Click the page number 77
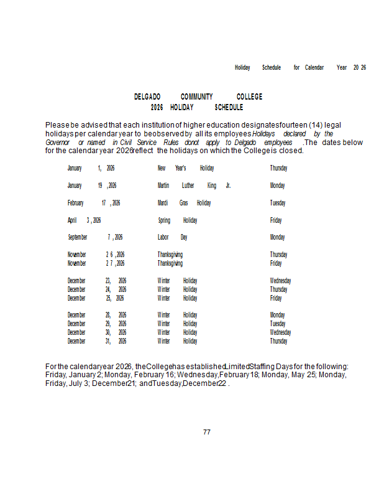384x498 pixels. (x=207, y=432)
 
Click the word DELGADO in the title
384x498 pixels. (x=147, y=97)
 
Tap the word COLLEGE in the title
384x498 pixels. (x=249, y=97)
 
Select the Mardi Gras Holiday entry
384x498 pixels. (x=184, y=203)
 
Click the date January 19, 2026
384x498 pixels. (x=92, y=186)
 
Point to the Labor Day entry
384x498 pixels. (x=172, y=237)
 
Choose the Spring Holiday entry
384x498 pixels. (x=177, y=220)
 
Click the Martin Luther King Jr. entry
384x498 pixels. (x=194, y=186)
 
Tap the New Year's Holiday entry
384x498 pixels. (x=185, y=168)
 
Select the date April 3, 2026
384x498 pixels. (x=85, y=220)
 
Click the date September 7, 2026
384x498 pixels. (x=95, y=237)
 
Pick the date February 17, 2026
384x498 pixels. (x=94, y=203)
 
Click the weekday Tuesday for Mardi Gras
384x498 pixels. (x=277, y=203)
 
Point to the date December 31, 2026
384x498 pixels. (x=97, y=341)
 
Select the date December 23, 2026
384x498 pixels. (x=97, y=281)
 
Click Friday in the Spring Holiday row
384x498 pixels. (x=276, y=220)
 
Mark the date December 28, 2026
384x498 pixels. (x=97, y=315)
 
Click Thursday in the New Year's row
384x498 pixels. (x=278, y=168)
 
